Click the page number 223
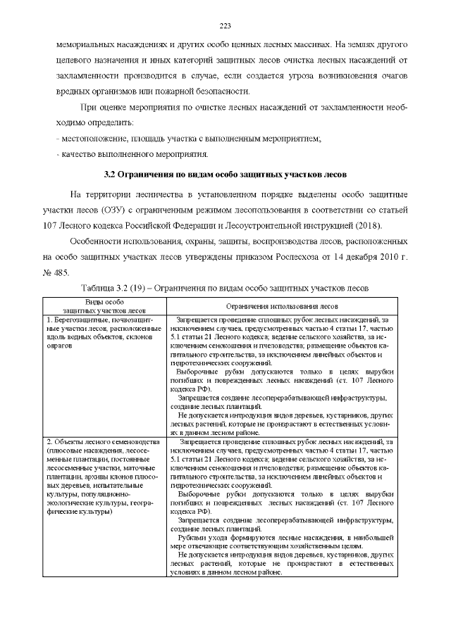point(225,26)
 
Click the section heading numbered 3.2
point(225,174)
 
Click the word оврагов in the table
point(58,346)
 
